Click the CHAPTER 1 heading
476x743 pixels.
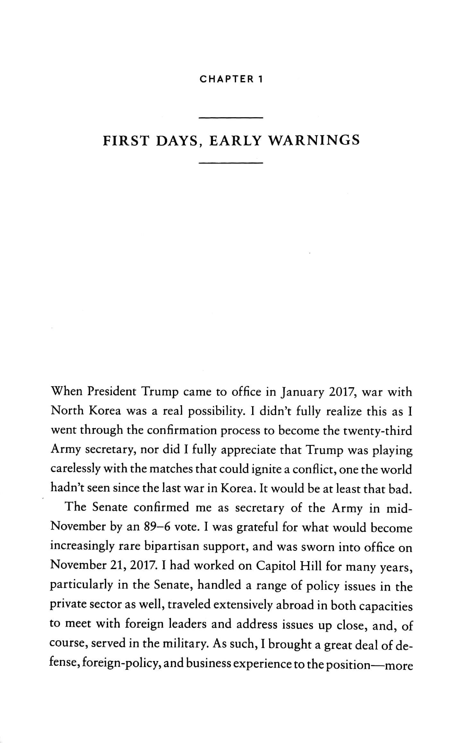click(x=231, y=79)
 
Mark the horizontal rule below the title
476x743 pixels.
click(x=231, y=163)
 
